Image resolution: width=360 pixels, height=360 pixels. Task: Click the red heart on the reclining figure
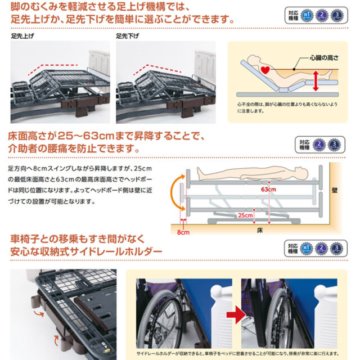(265, 70)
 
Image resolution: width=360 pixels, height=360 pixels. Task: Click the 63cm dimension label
(269, 190)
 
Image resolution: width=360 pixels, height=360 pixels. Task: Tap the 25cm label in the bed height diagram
(243, 215)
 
